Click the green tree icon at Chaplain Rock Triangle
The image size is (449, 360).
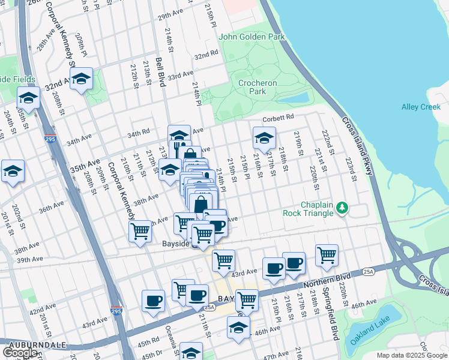point(342,208)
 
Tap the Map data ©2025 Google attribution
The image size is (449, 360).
point(411,355)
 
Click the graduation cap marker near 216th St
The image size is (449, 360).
point(264,138)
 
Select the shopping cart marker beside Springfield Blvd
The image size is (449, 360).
point(327,254)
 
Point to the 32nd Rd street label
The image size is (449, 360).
point(206,55)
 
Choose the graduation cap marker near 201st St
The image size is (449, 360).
point(13,171)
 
